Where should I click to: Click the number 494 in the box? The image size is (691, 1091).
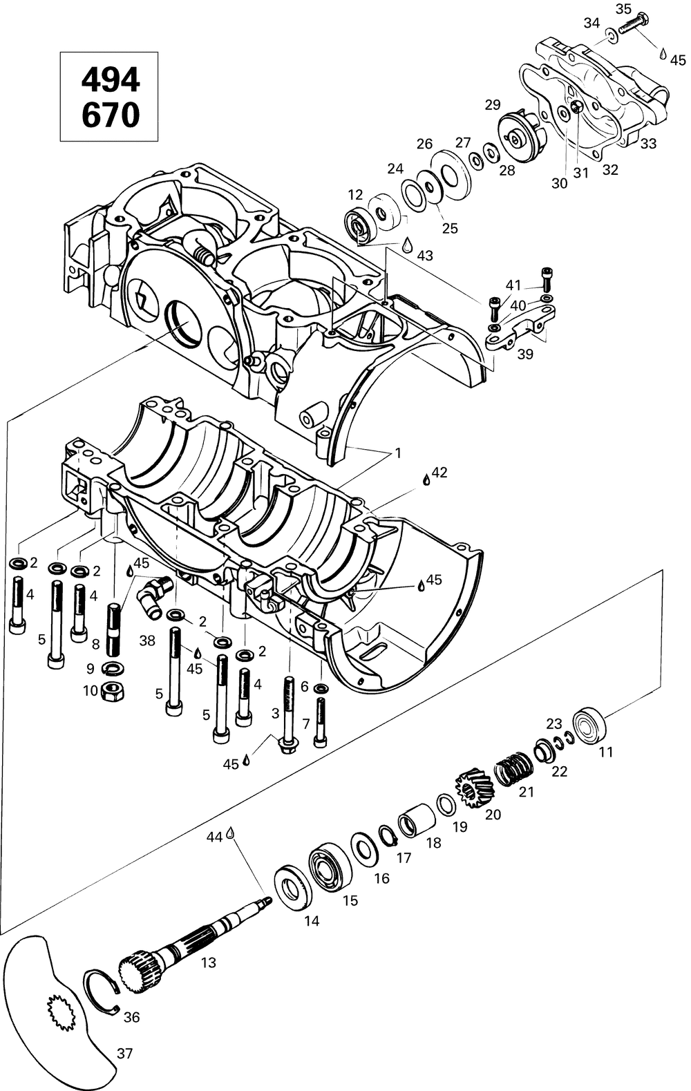111,81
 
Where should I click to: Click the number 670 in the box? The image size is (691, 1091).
111,115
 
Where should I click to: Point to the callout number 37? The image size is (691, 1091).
125,1054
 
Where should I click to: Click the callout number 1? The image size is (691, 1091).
398,453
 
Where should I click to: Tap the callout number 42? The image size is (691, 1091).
439,473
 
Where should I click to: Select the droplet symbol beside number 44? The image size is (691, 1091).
231,835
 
